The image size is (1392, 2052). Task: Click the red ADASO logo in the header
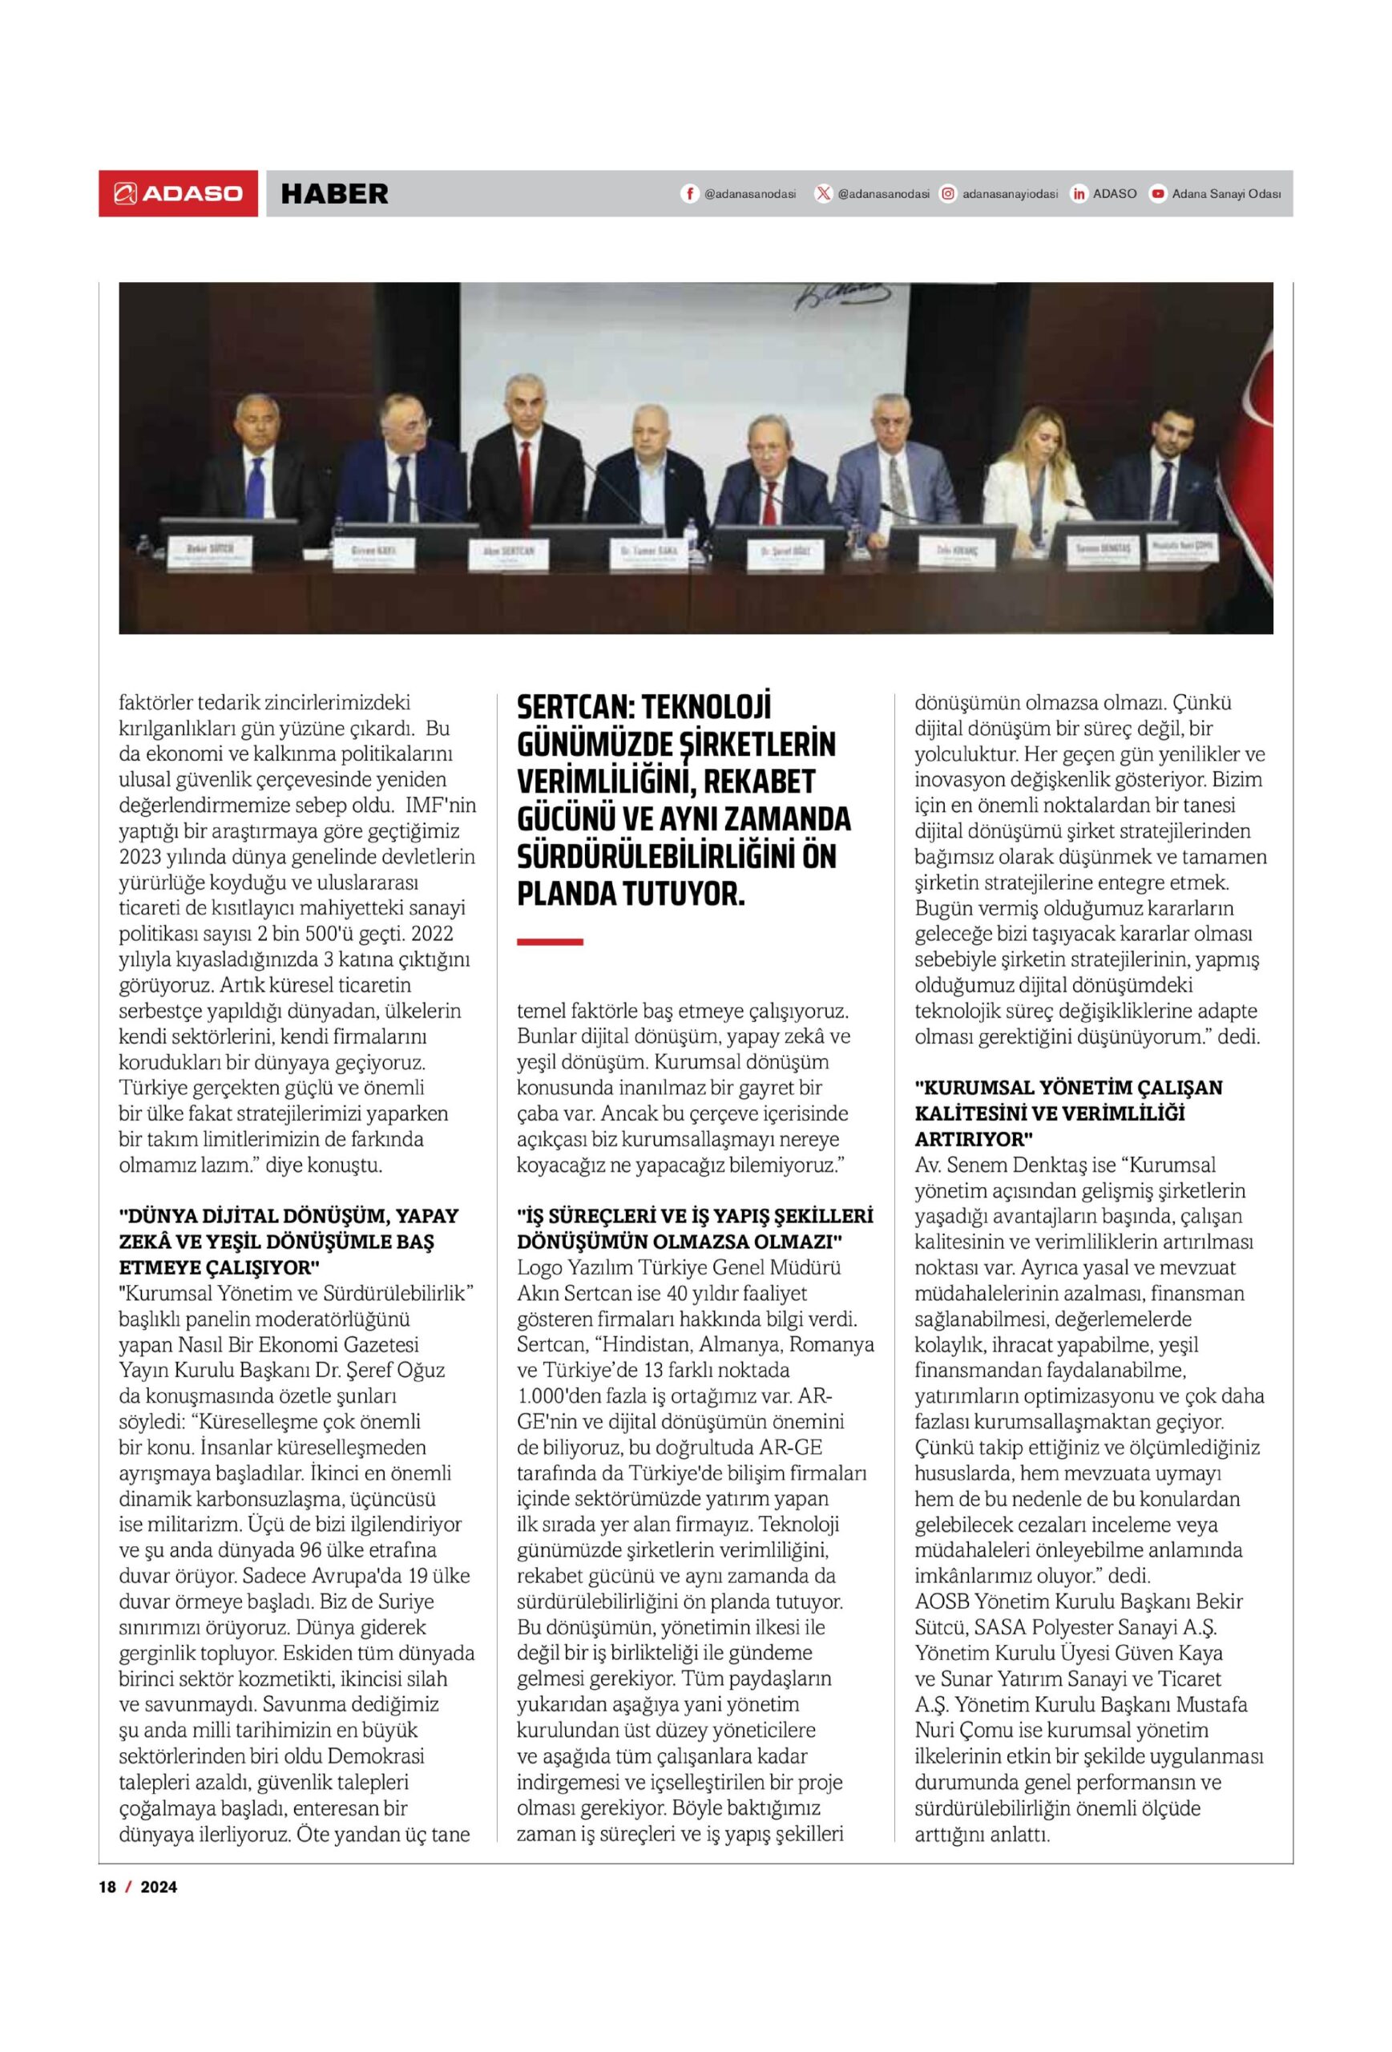[178, 193]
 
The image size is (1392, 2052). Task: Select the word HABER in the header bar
[333, 194]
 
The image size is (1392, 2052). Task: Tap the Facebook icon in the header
[689, 194]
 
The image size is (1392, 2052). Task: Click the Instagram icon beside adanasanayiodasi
[947, 194]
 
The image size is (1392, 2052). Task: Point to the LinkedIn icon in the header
[1079, 194]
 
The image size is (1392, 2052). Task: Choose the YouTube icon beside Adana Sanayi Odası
[1157, 194]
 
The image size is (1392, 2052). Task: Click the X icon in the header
[823, 194]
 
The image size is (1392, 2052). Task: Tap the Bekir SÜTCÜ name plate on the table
[208, 551]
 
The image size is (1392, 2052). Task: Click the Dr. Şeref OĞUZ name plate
[785, 554]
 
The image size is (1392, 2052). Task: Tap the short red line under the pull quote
[549, 942]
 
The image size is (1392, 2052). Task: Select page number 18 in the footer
[107, 1887]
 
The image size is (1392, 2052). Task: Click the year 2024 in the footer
[159, 1887]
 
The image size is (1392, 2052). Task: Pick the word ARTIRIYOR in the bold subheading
[973, 1139]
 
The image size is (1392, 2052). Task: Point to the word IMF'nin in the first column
[441, 806]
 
